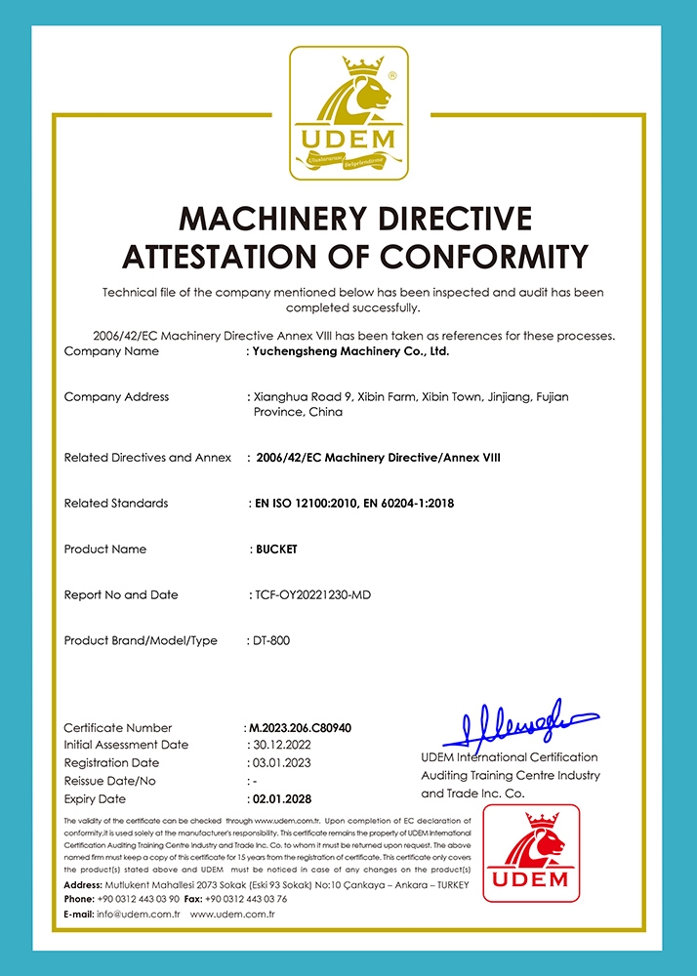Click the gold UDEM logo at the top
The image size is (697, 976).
[348, 113]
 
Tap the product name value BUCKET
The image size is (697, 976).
[274, 549]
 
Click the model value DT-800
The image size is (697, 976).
[270, 641]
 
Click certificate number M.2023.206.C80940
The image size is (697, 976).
[300, 728]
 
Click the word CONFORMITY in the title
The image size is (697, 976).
[484, 256]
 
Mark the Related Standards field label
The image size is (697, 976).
[116, 504]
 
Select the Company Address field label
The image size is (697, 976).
[116, 397]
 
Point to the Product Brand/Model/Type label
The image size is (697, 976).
[141, 641]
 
